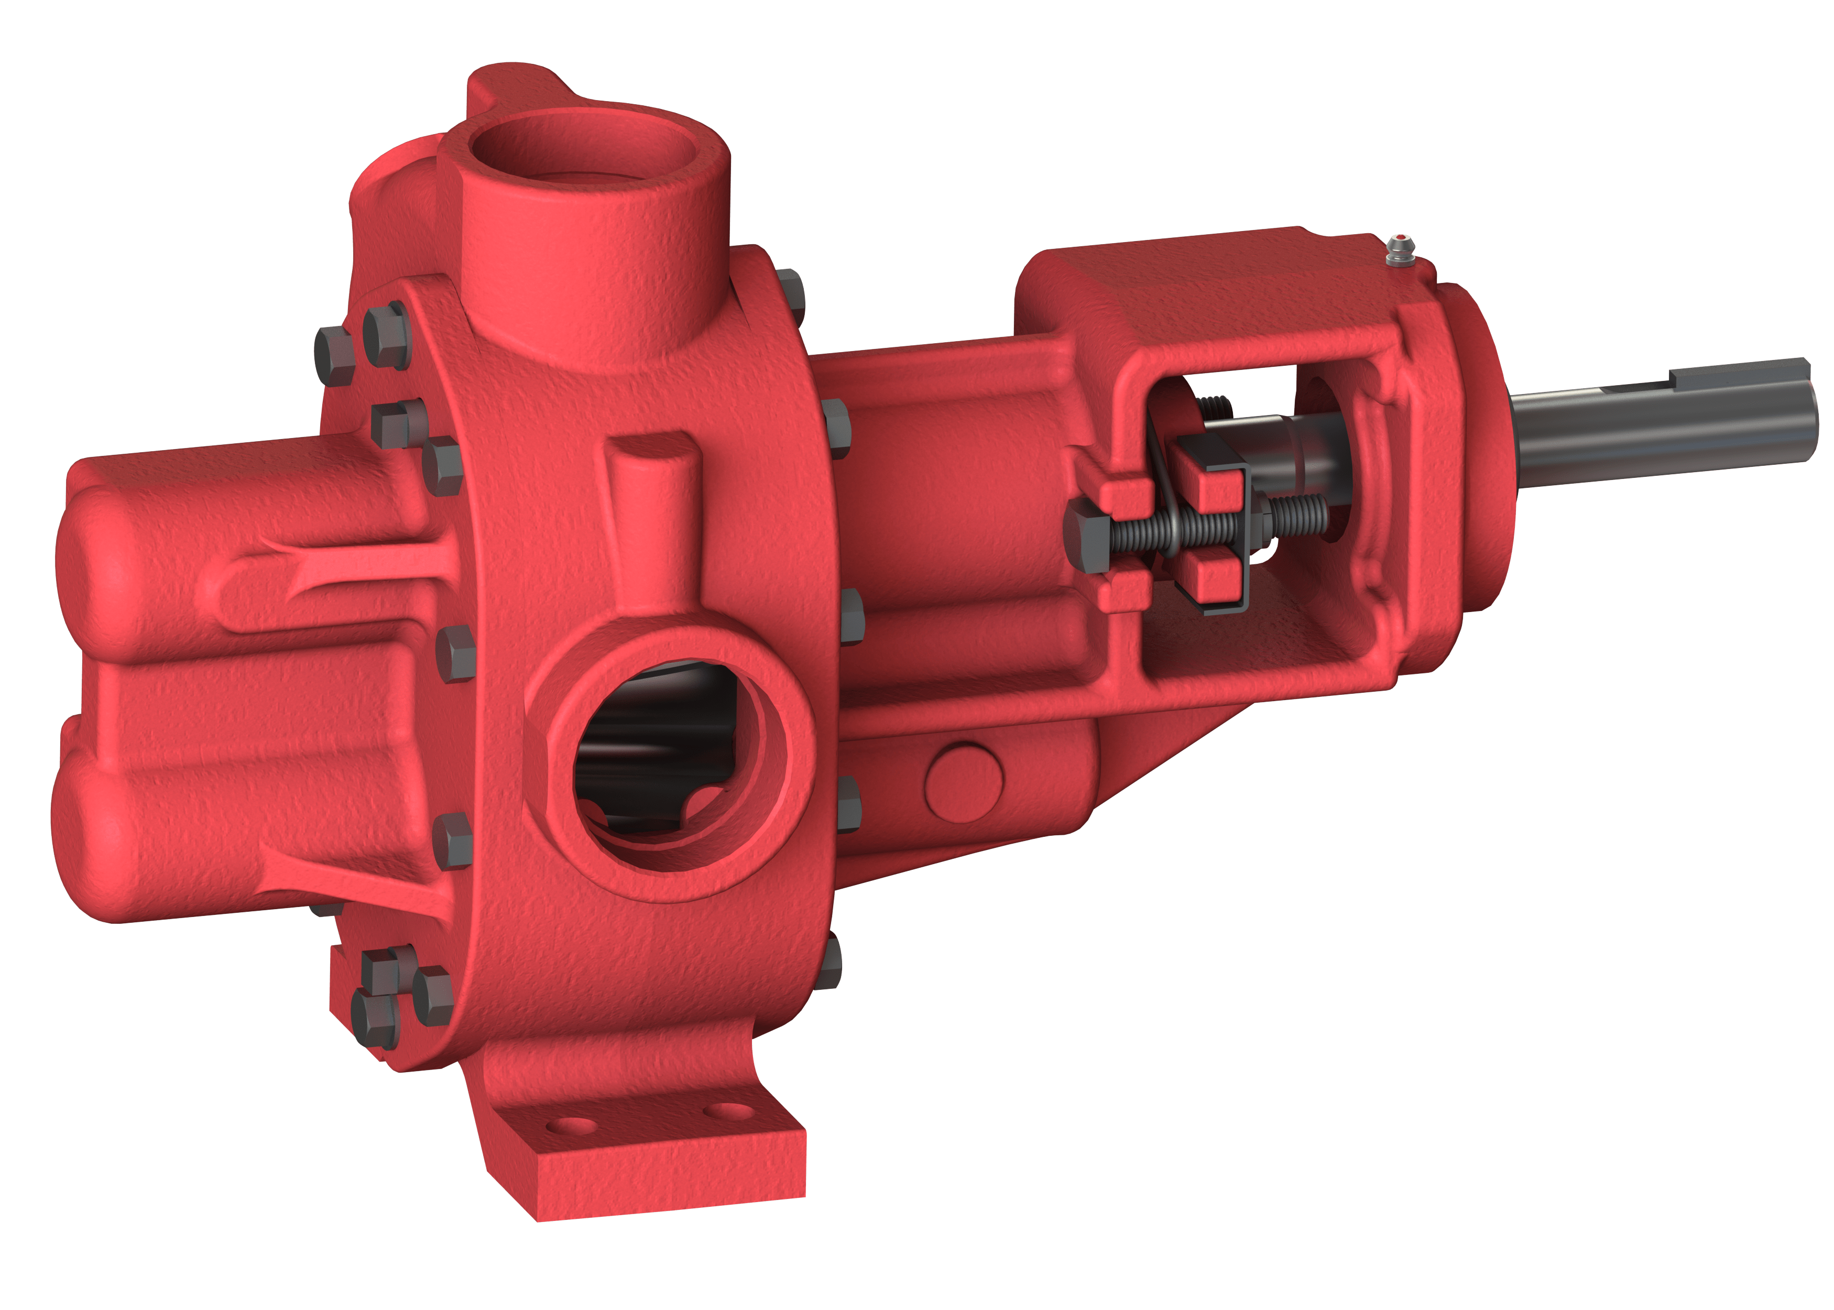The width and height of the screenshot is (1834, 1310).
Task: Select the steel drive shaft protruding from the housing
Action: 1653,423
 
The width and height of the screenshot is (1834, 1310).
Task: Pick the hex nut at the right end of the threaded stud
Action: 1258,516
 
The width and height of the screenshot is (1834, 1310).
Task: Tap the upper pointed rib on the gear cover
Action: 314,565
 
